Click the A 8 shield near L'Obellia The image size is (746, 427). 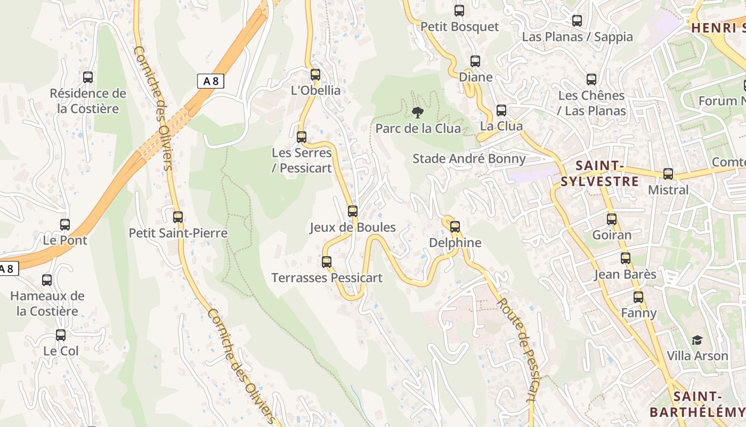coord(210,81)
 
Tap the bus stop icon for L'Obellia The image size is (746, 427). coord(315,75)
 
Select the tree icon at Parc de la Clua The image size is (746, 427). coord(418,113)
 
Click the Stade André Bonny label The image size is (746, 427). coord(469,159)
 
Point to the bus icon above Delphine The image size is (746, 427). coord(455,227)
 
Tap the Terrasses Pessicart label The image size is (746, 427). coord(327,278)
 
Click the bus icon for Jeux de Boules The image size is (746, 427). coord(352,211)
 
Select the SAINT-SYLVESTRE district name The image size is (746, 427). coord(599,173)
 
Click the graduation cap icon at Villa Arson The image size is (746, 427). coord(697,341)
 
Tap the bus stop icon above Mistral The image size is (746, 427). coord(668,174)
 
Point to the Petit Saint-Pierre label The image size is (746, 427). coord(178,233)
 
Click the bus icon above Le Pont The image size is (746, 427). coord(65,225)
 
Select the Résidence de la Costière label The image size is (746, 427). coord(88,101)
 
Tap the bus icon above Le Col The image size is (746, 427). coord(61,335)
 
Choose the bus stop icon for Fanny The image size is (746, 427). coord(638,297)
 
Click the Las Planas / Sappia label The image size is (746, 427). coord(577,37)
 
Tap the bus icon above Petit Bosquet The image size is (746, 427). coord(459,11)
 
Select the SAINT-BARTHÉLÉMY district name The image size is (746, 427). coord(697,404)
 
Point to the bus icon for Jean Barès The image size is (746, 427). coord(625,258)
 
